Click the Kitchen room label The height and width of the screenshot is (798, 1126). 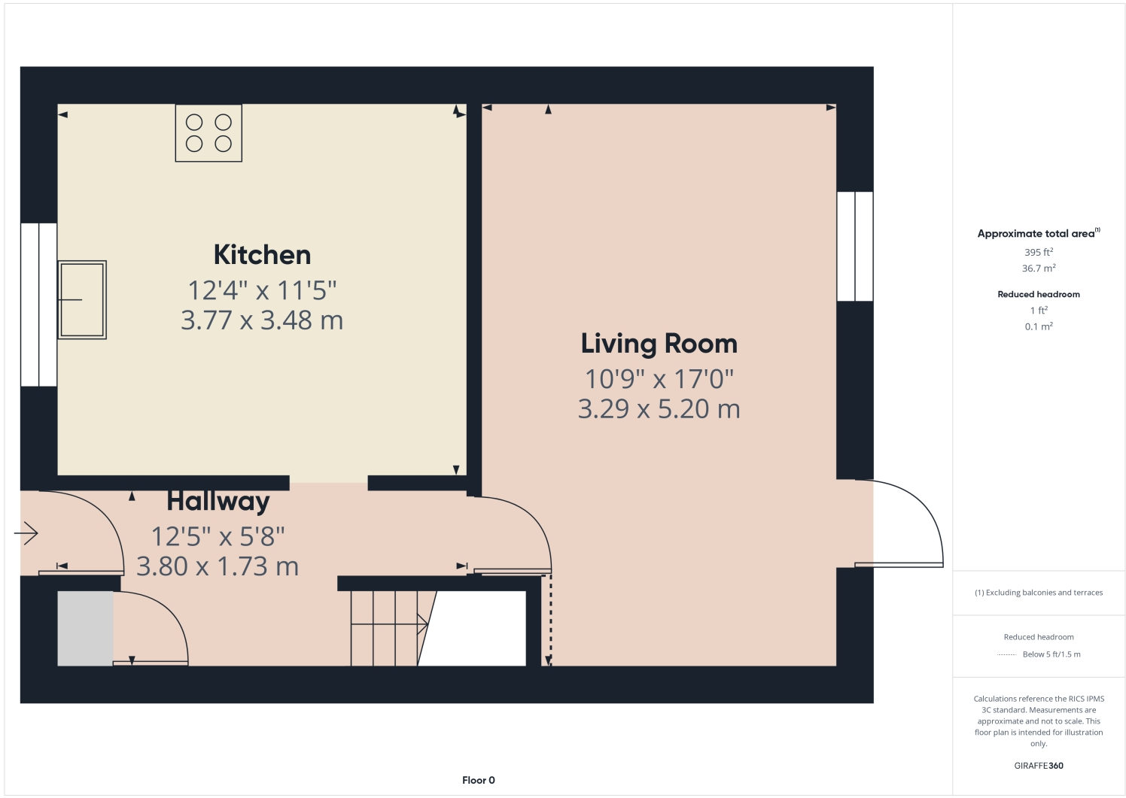(x=262, y=255)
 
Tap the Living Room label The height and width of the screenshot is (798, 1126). (x=659, y=344)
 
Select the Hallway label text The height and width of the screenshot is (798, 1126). (x=218, y=501)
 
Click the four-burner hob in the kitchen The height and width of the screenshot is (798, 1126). (x=208, y=133)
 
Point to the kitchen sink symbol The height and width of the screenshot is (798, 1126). (x=82, y=299)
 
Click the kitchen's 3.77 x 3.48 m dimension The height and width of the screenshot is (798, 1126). (x=262, y=320)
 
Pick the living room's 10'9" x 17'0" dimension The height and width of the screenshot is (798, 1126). (x=659, y=379)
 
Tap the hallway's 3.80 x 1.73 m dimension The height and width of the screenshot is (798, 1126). (x=218, y=566)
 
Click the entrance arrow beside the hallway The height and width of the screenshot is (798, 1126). (x=26, y=534)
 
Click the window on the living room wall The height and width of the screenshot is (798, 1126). (x=855, y=246)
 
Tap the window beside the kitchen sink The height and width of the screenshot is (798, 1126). (x=38, y=305)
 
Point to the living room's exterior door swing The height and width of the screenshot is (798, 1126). (x=903, y=523)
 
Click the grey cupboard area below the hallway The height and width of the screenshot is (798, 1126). (x=85, y=628)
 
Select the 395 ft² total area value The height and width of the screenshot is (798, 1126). (x=1039, y=253)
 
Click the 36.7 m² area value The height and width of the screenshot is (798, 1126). (x=1039, y=269)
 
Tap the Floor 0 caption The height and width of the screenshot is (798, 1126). (x=479, y=780)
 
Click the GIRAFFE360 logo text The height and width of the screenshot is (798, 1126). (x=1039, y=766)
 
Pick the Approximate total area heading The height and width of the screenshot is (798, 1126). (x=1036, y=234)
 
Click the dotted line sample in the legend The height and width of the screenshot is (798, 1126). (x=1007, y=654)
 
